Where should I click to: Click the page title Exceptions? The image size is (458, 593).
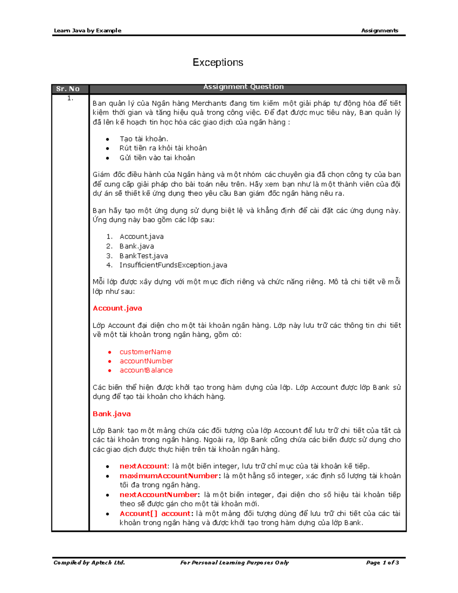point(218,62)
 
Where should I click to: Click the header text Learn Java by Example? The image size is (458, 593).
point(87,31)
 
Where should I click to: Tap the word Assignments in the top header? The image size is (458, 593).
point(379,31)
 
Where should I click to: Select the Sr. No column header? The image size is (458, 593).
point(68,89)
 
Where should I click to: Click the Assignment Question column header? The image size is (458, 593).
point(244,87)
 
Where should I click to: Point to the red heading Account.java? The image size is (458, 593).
point(117,308)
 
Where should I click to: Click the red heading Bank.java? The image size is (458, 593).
point(111,414)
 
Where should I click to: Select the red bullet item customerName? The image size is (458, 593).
point(145,352)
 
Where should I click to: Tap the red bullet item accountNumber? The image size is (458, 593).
point(146,361)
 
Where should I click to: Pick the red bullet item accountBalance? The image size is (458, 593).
point(146,370)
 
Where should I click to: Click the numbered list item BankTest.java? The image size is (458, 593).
point(144,256)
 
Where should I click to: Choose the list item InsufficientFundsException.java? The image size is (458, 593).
point(173,265)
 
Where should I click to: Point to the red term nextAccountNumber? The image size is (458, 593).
point(159,494)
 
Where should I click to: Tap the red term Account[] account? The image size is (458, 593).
point(155,514)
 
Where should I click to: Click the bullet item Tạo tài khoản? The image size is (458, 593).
point(144,139)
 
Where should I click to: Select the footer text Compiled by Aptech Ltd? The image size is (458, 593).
point(89,562)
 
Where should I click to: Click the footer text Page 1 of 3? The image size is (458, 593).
point(382,562)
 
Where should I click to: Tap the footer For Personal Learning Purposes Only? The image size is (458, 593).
point(234,562)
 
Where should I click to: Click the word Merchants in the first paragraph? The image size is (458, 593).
point(209,103)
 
